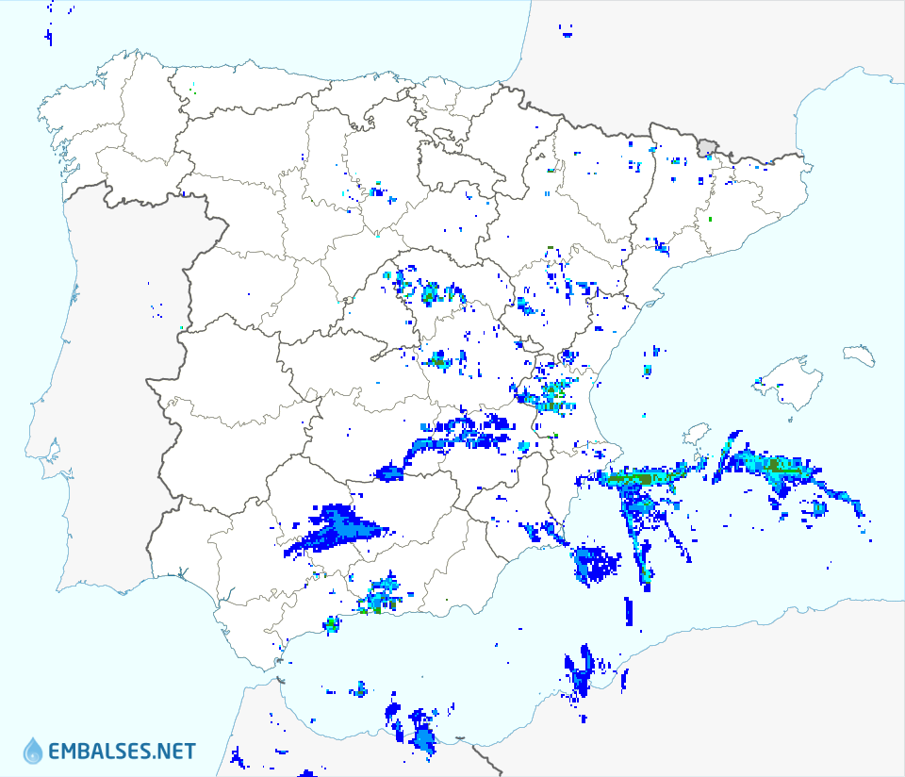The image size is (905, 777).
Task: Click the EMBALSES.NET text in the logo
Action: click(122, 752)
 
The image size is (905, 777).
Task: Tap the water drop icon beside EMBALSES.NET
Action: click(33, 751)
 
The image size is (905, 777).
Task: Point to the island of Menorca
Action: click(859, 355)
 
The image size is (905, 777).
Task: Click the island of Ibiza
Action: click(696, 437)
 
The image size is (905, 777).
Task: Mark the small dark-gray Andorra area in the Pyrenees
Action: click(707, 146)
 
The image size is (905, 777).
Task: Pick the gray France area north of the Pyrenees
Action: click(660, 57)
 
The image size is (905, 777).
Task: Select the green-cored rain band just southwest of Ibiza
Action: click(641, 478)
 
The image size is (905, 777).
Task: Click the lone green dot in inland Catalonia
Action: click(711, 220)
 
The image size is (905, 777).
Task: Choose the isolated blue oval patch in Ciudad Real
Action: click(388, 471)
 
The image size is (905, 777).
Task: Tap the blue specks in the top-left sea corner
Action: click(48, 36)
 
